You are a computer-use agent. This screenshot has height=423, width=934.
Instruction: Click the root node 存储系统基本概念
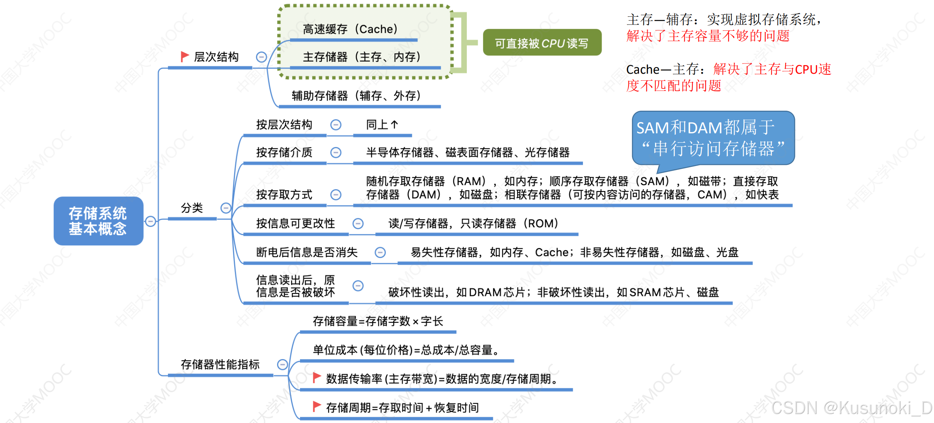(x=98, y=221)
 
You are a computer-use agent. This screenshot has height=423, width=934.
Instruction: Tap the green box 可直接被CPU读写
(x=542, y=42)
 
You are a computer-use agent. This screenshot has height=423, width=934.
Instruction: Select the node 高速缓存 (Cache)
(x=350, y=29)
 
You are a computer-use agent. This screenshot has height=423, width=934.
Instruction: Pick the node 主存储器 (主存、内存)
(x=362, y=57)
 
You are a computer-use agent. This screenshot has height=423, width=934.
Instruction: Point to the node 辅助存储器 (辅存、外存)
(x=356, y=96)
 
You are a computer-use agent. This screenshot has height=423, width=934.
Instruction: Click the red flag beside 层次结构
(x=185, y=57)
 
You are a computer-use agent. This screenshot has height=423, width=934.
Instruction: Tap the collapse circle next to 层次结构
(x=261, y=57)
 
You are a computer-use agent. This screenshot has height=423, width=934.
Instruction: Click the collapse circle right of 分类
(x=226, y=208)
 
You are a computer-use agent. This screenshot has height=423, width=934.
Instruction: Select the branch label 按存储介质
(x=284, y=152)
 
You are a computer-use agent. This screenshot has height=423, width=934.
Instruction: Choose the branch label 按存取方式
(x=284, y=195)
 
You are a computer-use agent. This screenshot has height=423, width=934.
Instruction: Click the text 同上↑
(x=382, y=125)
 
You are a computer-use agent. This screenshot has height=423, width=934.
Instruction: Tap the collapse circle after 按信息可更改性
(x=358, y=223)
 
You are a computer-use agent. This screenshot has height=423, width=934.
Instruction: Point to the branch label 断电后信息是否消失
(x=307, y=252)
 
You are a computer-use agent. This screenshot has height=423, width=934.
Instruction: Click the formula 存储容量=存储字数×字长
(x=378, y=321)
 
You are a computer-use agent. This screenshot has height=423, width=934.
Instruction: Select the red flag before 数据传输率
(x=317, y=377)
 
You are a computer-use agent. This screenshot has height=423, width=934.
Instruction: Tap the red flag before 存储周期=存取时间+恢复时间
(x=317, y=407)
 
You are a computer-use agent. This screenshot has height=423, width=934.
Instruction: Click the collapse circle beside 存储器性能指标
(x=282, y=365)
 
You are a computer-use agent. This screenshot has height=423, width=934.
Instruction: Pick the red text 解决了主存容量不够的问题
(x=708, y=36)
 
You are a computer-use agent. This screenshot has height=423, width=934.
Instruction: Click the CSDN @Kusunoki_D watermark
(x=851, y=408)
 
